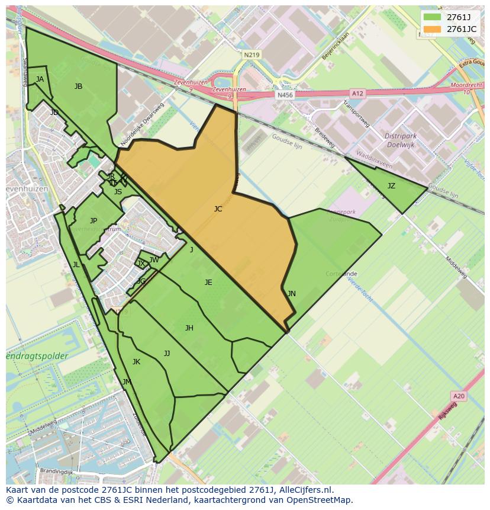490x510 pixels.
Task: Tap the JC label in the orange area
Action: click(218, 209)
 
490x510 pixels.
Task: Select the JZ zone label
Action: click(391, 186)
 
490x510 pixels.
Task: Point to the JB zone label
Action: click(78, 86)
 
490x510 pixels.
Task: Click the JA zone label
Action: click(40, 79)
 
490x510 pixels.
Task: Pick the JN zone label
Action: click(291, 294)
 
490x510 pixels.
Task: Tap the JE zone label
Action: click(208, 283)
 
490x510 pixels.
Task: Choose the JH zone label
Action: click(189, 328)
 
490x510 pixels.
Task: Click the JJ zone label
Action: click(167, 354)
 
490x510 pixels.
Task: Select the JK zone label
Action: click(136, 362)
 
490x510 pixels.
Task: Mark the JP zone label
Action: click(94, 221)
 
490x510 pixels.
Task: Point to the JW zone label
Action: click(154, 260)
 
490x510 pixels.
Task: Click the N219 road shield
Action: click(251, 54)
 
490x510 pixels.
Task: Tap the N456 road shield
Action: click(285, 95)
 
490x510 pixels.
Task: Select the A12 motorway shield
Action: click(357, 94)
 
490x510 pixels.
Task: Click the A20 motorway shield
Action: click(458, 396)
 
